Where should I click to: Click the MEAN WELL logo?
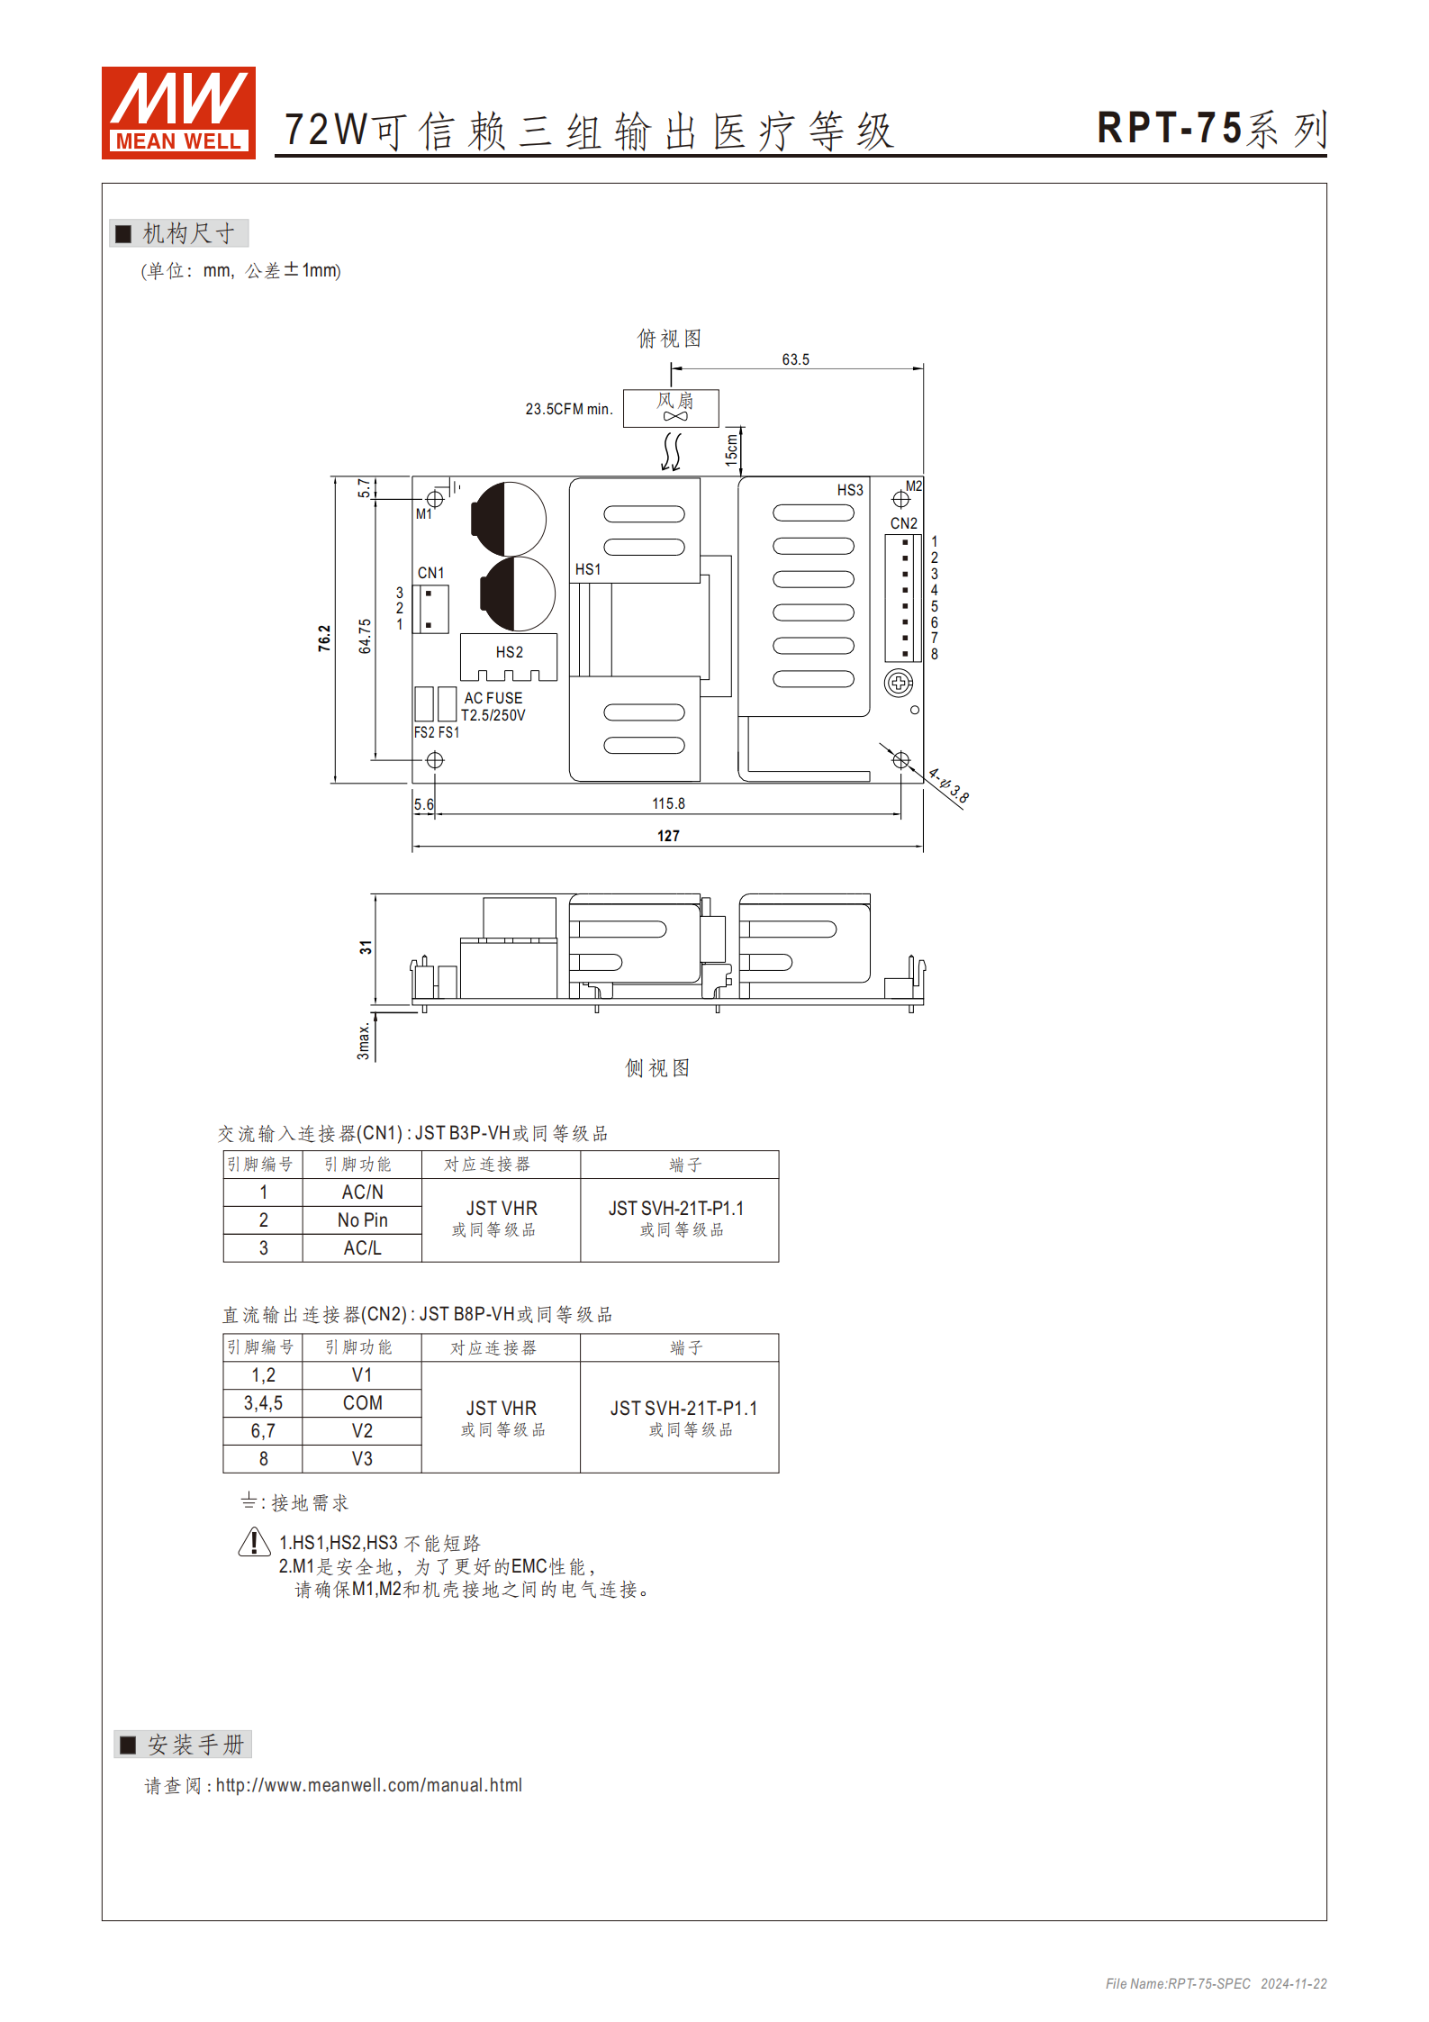(178, 113)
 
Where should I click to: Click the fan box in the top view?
(671, 407)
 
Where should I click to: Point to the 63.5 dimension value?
(795, 359)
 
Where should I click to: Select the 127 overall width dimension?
(668, 836)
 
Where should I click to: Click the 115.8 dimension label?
(668, 803)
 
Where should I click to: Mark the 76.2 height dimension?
(324, 638)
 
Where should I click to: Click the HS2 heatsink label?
(509, 652)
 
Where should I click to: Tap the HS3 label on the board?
(850, 490)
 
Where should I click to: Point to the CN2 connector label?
(903, 523)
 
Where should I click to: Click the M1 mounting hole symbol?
(435, 498)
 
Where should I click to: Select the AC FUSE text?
(493, 698)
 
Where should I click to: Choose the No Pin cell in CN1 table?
(362, 1220)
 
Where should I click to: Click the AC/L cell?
(362, 1248)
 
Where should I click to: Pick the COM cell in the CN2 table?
(362, 1403)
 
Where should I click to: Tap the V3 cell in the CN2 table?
(362, 1459)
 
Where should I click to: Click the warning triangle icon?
(255, 1543)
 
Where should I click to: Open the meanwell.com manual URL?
(368, 1785)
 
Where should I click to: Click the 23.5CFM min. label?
(569, 409)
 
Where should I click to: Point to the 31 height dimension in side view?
(365, 948)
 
